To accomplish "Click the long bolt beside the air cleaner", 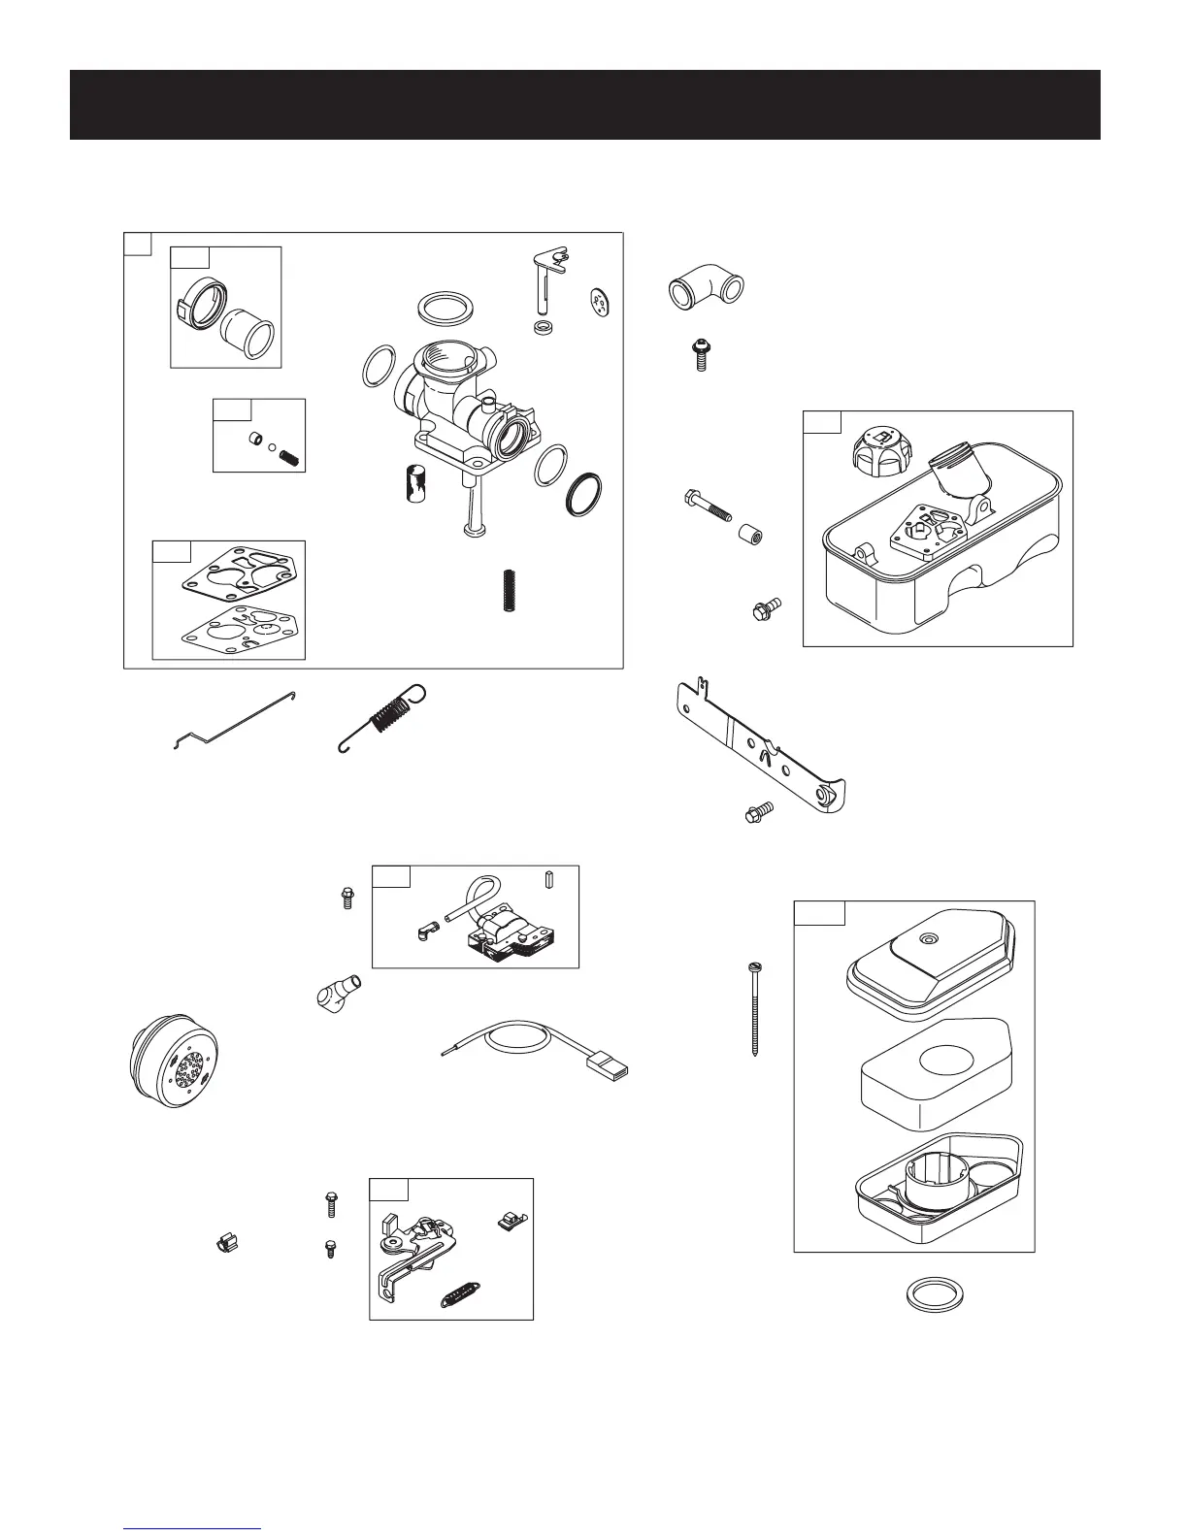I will (x=754, y=1008).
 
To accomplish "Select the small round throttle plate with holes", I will (x=601, y=305).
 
